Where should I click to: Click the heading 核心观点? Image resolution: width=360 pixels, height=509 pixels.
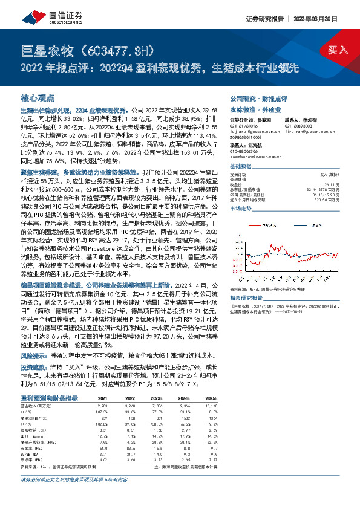tap(38, 97)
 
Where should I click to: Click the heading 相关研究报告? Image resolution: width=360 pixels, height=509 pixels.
tap(250, 297)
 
